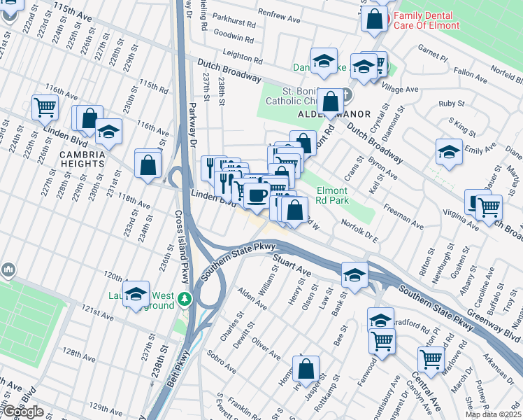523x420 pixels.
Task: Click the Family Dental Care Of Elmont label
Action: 426,21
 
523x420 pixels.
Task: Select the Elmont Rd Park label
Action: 331,195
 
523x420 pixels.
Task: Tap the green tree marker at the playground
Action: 185,299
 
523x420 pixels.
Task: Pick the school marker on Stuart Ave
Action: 354,274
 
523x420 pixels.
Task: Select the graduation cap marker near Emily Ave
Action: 449,152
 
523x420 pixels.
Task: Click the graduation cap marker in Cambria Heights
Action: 108,131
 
